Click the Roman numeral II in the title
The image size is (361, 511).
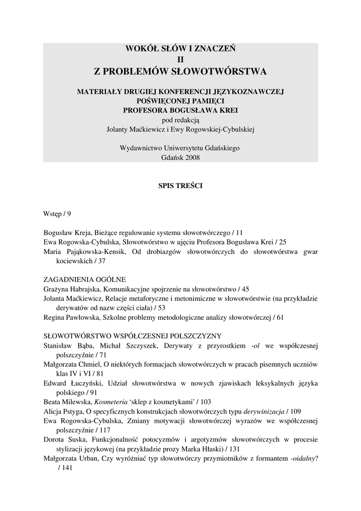[180, 60]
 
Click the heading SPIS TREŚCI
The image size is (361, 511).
[180, 185]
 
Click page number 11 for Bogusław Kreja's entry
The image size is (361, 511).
[239, 233]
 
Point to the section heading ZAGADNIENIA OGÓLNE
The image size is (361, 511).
[84, 279]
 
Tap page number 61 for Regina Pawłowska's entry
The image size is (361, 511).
[279, 317]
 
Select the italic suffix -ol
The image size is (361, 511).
[257, 345]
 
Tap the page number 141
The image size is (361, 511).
[66, 468]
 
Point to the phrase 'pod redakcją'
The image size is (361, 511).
[180, 120]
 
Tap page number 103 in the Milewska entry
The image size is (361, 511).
[205, 402]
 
